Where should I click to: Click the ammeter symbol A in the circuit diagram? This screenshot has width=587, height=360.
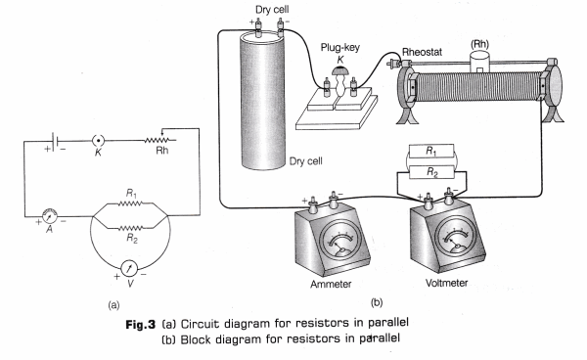point(50,216)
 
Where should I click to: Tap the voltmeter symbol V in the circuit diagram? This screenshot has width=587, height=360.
point(129,268)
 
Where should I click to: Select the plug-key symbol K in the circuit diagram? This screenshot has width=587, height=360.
point(98,141)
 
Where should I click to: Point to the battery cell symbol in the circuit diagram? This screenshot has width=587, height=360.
point(54,142)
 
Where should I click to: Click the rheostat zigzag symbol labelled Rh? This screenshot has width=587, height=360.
point(160,140)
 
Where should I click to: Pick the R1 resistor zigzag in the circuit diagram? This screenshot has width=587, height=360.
point(130,203)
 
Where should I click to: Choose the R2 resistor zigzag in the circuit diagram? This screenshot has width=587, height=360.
point(130,228)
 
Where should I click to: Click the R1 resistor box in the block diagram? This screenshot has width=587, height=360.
point(431,152)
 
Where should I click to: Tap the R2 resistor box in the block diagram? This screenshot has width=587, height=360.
point(431,172)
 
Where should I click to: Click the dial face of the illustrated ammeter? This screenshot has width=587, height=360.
point(339,241)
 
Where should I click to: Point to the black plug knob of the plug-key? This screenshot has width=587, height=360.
point(339,70)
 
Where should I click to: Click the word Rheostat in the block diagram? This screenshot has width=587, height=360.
point(422,52)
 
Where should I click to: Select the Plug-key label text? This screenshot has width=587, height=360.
point(339,48)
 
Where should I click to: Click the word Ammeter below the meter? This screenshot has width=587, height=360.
point(331,284)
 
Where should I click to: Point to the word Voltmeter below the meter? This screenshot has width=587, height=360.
point(446,283)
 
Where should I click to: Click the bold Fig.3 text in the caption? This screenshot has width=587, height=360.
point(140,324)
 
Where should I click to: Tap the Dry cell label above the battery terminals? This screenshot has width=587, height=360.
point(272,10)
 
